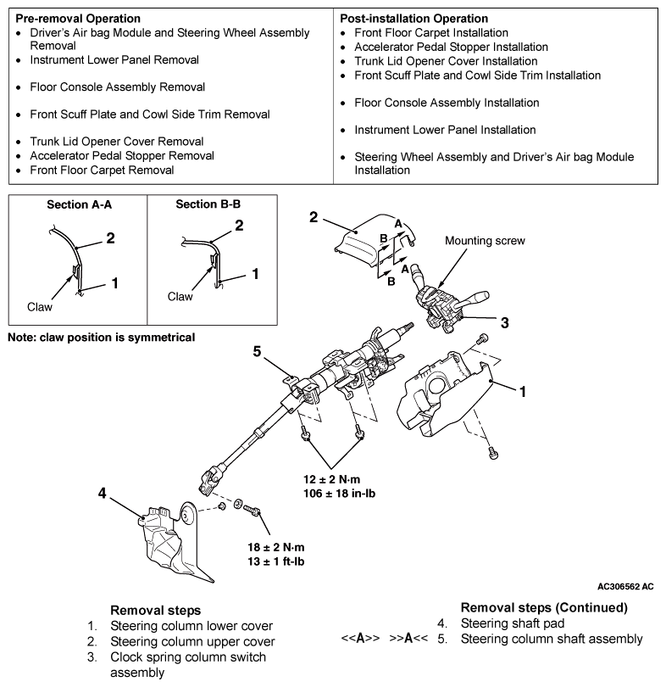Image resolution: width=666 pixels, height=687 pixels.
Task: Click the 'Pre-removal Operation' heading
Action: pos(78,18)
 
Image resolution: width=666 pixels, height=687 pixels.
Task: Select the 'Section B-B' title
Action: pos(208,204)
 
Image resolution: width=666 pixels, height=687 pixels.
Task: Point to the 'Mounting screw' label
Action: pos(485,241)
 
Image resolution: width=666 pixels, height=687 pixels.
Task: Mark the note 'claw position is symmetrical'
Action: pos(101,338)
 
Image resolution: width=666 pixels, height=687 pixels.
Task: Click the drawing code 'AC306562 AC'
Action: pos(624,586)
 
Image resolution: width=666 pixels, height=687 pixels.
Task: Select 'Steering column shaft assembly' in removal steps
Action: pos(552,639)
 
